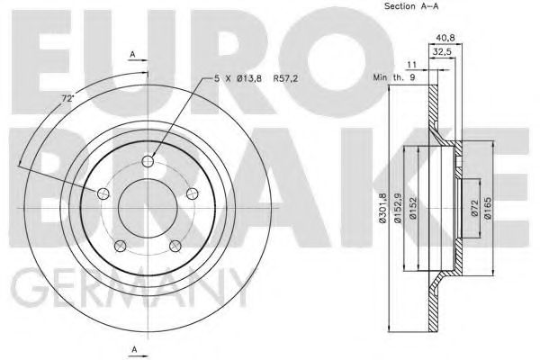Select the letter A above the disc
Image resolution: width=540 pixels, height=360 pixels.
pyautogui.click(x=132, y=55)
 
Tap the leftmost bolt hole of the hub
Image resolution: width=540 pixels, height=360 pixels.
pyautogui.click(x=103, y=195)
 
